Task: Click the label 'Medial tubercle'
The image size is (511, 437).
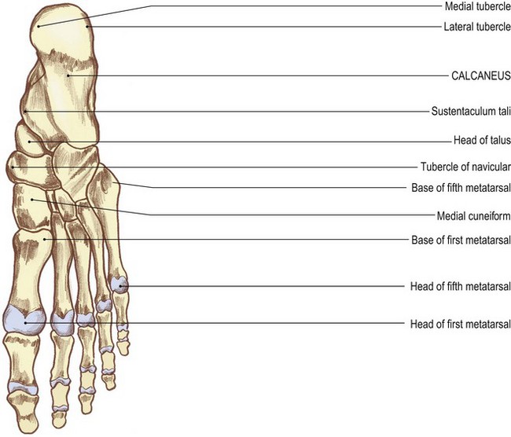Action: (478, 6)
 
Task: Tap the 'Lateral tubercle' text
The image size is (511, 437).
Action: (477, 27)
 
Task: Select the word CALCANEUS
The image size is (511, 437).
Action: (481, 76)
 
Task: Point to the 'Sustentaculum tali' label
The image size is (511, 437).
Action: (471, 112)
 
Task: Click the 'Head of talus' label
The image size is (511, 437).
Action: (482, 141)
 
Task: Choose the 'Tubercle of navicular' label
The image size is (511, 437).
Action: (465, 167)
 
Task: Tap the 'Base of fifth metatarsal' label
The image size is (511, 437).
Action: (461, 188)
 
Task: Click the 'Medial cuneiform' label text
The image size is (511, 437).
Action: (473, 215)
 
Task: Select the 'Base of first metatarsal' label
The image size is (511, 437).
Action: (461, 241)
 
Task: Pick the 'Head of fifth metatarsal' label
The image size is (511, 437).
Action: (460, 286)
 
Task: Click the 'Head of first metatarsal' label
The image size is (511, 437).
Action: (460, 325)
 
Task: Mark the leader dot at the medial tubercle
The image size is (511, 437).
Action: (39, 27)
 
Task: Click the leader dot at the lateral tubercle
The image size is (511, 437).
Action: (87, 27)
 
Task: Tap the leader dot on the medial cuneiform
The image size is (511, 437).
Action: (32, 200)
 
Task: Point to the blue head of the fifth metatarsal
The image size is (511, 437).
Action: (119, 285)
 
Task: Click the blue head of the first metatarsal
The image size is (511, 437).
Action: (24, 319)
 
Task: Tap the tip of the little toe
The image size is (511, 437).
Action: (124, 354)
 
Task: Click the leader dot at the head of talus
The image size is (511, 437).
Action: (29, 141)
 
